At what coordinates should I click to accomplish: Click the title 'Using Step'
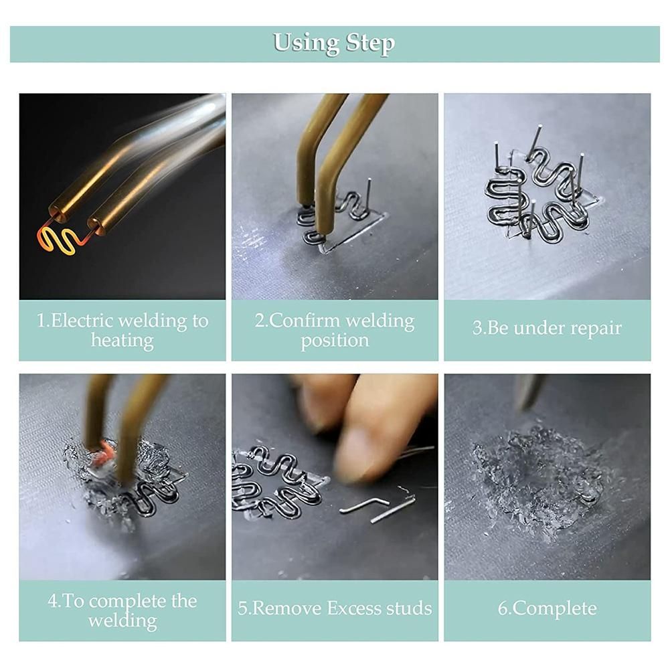coord(334,44)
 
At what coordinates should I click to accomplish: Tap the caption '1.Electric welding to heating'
coord(122,330)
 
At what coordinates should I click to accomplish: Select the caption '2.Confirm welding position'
coord(335,330)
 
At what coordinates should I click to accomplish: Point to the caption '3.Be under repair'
coord(547,328)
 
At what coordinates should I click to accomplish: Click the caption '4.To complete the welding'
coord(122,610)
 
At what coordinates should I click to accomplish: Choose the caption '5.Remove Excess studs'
coord(335,608)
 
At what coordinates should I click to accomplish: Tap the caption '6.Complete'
coord(547,608)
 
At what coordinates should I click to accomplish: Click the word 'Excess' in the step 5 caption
coord(355,608)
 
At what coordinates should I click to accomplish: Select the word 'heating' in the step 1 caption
coord(122,341)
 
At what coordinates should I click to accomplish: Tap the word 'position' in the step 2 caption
coord(335,341)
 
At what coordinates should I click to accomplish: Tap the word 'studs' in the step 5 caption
coord(410,608)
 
